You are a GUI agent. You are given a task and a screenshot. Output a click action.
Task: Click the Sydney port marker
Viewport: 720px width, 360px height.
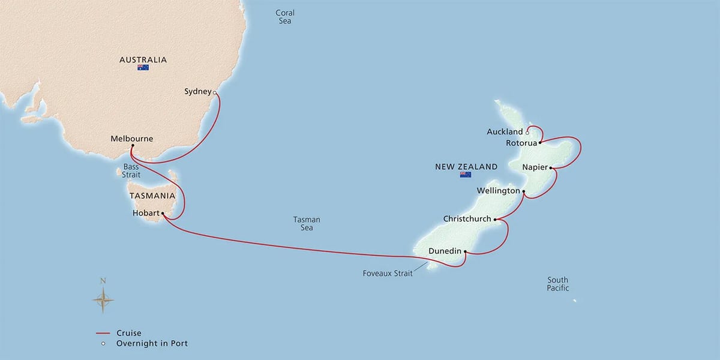pyautogui.click(x=215, y=92)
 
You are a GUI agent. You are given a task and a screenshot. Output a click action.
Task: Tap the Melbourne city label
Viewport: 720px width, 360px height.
pyautogui.click(x=132, y=139)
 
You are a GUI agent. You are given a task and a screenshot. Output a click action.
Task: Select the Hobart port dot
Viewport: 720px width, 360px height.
pyautogui.click(x=163, y=213)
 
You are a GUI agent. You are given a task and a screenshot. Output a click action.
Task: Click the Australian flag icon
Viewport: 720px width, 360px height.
pyautogui.click(x=143, y=68)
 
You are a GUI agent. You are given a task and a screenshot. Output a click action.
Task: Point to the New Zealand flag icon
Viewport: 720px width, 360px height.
pyautogui.click(x=465, y=175)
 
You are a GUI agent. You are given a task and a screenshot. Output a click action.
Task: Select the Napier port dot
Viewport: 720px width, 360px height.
pyautogui.click(x=550, y=167)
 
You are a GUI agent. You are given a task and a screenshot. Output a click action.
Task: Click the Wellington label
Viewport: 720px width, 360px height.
pyautogui.click(x=498, y=191)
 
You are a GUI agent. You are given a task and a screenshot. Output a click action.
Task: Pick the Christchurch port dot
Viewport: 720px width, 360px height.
pyautogui.click(x=495, y=219)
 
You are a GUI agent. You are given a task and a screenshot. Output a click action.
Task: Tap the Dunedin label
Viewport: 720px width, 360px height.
pyautogui.click(x=445, y=252)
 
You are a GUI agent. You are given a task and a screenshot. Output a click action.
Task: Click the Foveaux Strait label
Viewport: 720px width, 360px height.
pyautogui.click(x=386, y=274)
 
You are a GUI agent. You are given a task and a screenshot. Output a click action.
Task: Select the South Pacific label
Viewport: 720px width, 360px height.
pyautogui.click(x=557, y=284)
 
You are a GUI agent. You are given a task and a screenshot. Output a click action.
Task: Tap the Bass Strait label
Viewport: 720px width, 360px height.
pyautogui.click(x=131, y=170)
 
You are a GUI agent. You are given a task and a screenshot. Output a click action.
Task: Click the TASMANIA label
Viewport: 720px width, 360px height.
pyautogui.click(x=152, y=196)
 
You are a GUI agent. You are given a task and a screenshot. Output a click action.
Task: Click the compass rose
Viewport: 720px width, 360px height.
pyautogui.click(x=103, y=298)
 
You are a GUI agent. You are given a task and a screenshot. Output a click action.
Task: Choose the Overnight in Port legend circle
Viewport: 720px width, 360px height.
pyautogui.click(x=103, y=344)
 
